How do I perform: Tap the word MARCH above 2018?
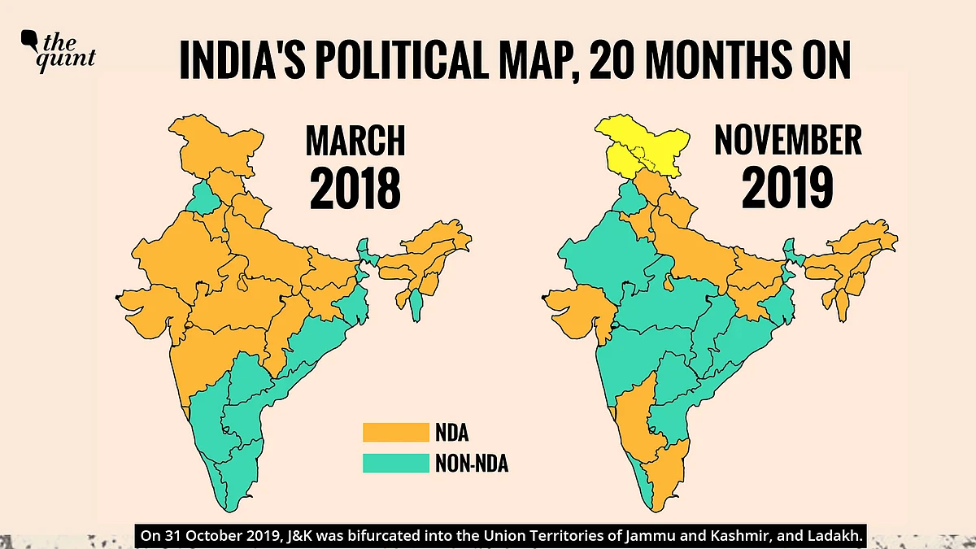pos(355,142)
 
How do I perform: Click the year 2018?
pos(355,190)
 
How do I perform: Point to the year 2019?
pos(787,190)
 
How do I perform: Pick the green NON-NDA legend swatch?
pos(394,464)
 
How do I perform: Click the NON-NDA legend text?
pos(477,464)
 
